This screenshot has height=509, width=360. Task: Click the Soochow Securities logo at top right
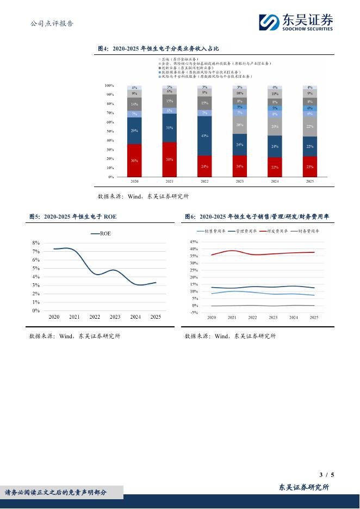point(296,23)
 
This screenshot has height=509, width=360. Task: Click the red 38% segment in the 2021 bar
point(170,160)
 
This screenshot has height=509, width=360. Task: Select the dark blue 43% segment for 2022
point(204,135)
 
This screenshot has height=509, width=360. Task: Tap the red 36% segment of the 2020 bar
point(134,160)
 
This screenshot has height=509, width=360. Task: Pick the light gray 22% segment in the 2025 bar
point(309,126)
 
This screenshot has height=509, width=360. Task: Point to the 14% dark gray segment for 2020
point(134,104)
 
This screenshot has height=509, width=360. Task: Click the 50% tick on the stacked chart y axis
point(109,131)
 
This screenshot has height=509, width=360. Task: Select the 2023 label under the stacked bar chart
point(239,182)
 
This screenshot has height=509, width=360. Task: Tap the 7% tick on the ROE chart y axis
point(36,252)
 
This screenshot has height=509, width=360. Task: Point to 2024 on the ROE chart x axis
point(135,316)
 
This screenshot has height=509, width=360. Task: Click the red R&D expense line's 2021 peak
point(232,251)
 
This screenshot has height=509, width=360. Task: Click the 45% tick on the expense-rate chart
point(194,242)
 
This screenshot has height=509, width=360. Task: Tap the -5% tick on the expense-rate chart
point(194,313)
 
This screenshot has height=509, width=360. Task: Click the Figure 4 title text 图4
point(103,48)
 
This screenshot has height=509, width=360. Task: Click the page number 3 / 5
point(327,475)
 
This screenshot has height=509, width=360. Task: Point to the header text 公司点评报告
point(52,23)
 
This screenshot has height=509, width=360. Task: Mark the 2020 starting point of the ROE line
point(54,249)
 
